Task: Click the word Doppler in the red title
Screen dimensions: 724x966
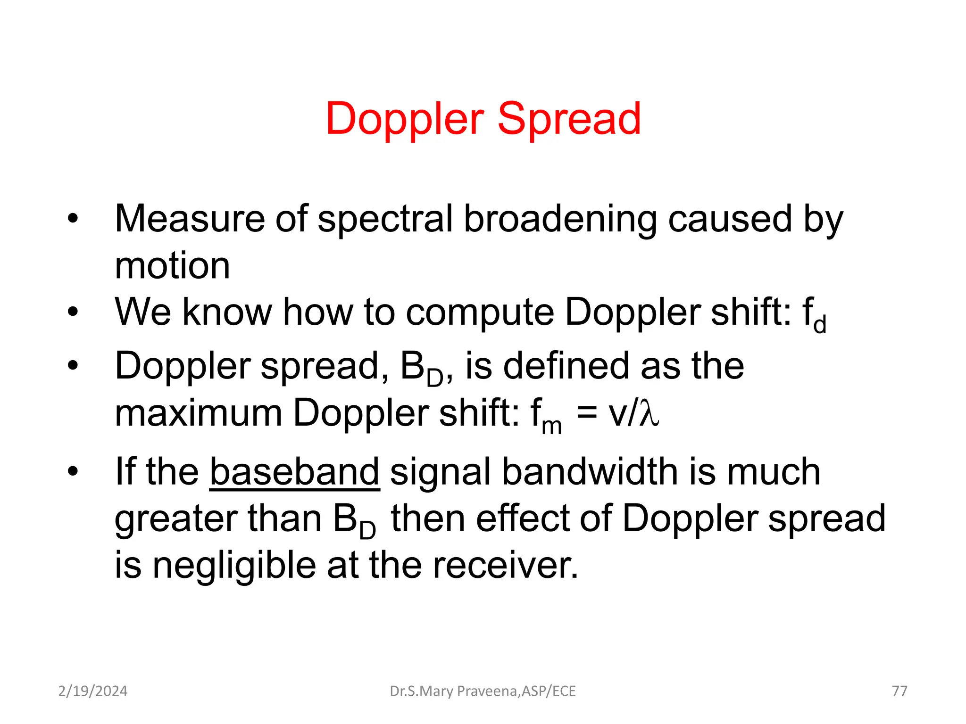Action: (x=405, y=120)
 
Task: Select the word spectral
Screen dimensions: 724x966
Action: (x=385, y=220)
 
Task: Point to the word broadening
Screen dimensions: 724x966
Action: (x=560, y=220)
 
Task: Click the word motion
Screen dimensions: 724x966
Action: (x=173, y=266)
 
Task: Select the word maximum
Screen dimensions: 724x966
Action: (x=199, y=413)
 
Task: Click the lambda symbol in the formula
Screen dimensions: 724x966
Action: (x=649, y=414)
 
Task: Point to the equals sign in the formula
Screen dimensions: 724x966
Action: (x=587, y=414)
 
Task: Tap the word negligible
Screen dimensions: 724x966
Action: (x=234, y=566)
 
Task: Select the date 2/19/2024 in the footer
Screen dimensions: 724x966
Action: (x=93, y=691)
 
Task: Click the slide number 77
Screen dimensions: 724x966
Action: (x=899, y=691)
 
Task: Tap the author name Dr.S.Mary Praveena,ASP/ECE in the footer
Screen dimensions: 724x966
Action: (x=483, y=691)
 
